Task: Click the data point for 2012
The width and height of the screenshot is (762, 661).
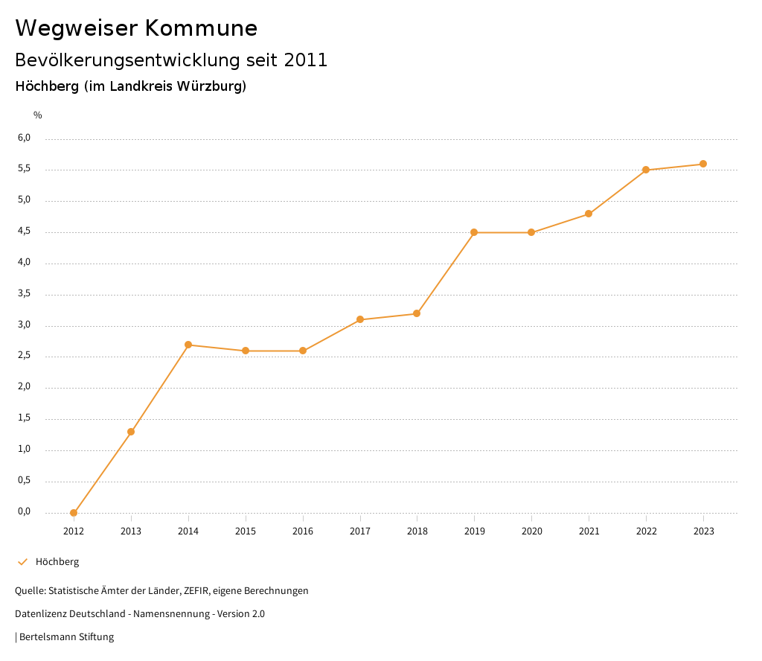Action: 74,513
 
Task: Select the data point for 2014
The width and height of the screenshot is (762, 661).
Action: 188,345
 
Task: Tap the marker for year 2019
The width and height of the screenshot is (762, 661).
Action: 474,232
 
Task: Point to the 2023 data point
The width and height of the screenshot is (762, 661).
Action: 703,164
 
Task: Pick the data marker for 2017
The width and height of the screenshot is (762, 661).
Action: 360,319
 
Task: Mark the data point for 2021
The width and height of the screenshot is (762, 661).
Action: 589,214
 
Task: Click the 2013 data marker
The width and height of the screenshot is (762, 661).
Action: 131,432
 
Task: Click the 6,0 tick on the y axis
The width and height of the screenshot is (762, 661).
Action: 25,138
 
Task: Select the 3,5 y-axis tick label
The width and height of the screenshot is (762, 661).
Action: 25,293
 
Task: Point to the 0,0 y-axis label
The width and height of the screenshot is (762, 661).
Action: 25,511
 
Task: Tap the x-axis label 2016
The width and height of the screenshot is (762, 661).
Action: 302,531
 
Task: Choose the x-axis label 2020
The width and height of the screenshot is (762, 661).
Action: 531,531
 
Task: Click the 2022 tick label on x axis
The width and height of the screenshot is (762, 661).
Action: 646,531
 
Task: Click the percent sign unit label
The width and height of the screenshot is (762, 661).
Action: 38,115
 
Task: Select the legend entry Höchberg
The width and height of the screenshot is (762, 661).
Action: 57,562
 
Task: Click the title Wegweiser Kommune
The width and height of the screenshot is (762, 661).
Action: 136,28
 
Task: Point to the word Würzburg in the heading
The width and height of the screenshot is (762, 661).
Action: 211,86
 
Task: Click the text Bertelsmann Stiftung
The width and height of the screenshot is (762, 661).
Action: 66,637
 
